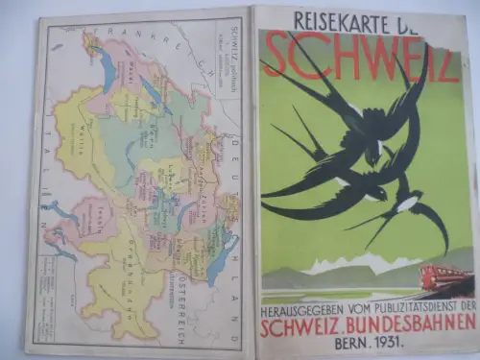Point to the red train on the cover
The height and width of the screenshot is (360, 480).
(445, 279)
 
